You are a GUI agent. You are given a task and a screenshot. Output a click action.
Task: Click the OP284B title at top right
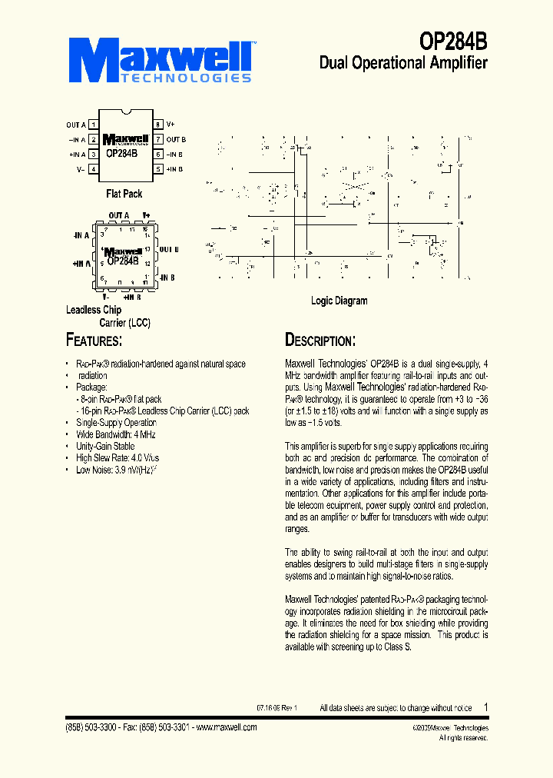click(x=453, y=41)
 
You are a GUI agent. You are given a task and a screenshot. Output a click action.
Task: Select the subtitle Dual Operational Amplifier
click(x=403, y=63)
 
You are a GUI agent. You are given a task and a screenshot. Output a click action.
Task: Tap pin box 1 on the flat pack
click(x=93, y=125)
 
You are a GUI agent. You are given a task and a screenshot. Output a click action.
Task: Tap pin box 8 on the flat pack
click(x=157, y=125)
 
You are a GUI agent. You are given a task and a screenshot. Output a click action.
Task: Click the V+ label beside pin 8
click(x=171, y=125)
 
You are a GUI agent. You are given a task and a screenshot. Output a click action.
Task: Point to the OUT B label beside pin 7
click(x=176, y=139)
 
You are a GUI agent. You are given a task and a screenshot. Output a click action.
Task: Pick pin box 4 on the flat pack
click(x=93, y=168)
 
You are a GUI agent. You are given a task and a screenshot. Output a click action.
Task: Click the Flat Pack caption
click(x=124, y=194)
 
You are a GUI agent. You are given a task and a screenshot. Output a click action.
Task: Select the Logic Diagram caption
click(x=339, y=301)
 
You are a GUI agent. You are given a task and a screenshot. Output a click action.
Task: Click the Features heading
click(x=94, y=340)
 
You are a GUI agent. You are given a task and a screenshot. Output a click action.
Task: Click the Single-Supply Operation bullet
click(x=116, y=423)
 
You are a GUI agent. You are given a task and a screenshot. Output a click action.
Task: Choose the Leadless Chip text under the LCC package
click(x=94, y=310)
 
